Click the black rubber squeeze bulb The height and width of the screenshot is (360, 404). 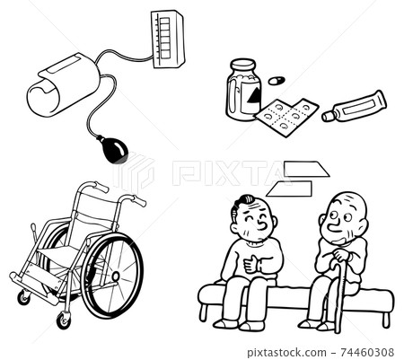point(115,149)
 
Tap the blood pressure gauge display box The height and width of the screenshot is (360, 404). point(168,39)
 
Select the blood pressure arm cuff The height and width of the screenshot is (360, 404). point(64,85)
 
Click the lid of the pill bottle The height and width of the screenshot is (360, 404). point(242,65)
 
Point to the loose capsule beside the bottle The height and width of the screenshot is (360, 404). point(277,81)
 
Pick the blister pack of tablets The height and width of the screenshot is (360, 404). point(286,117)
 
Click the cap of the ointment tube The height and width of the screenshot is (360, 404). point(328,116)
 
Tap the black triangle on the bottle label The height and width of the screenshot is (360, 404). point(254,93)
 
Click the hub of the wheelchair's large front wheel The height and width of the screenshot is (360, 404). point(115,276)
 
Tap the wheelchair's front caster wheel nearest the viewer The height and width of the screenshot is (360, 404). point(64,320)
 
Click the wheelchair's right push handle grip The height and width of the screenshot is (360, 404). point(138,200)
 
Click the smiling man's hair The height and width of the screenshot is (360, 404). point(242,203)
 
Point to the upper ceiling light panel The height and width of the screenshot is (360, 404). point(307,169)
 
